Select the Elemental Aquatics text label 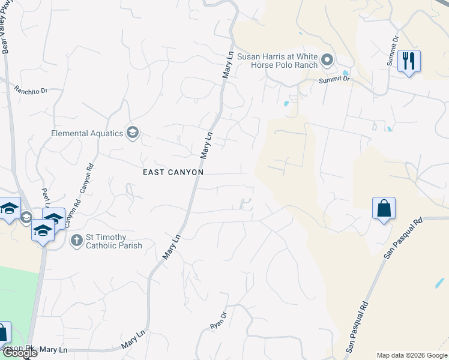pos(86,133)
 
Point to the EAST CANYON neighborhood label pos(173,172)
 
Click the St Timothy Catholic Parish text pos(114,241)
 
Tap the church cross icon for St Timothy pos(76,241)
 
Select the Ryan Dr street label pos(218,319)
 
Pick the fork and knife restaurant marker pos(409,61)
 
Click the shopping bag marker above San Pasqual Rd pos(384,209)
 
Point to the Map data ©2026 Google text pos(411,355)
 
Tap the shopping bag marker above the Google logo pos(3,333)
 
